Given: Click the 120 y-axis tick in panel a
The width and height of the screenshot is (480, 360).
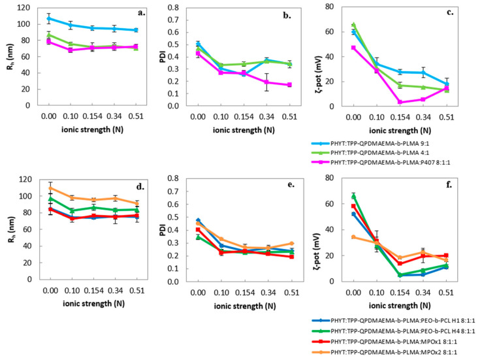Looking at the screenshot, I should point(25,8).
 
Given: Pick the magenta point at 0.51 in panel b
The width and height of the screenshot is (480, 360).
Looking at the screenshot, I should point(289,85).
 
